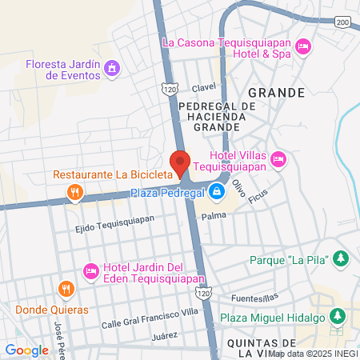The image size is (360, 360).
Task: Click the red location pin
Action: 180,162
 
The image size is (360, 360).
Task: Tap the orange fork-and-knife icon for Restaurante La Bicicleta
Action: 74,191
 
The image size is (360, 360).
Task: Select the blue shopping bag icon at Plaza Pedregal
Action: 217,191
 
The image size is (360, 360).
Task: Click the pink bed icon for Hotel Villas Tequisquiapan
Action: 278,158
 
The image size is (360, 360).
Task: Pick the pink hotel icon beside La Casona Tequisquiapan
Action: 303,48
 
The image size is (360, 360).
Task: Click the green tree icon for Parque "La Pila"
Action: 341,258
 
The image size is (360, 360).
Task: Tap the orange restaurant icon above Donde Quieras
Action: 67,290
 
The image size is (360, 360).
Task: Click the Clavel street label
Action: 204,87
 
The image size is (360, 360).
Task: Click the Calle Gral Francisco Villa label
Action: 150,324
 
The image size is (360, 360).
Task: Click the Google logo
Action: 26,350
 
